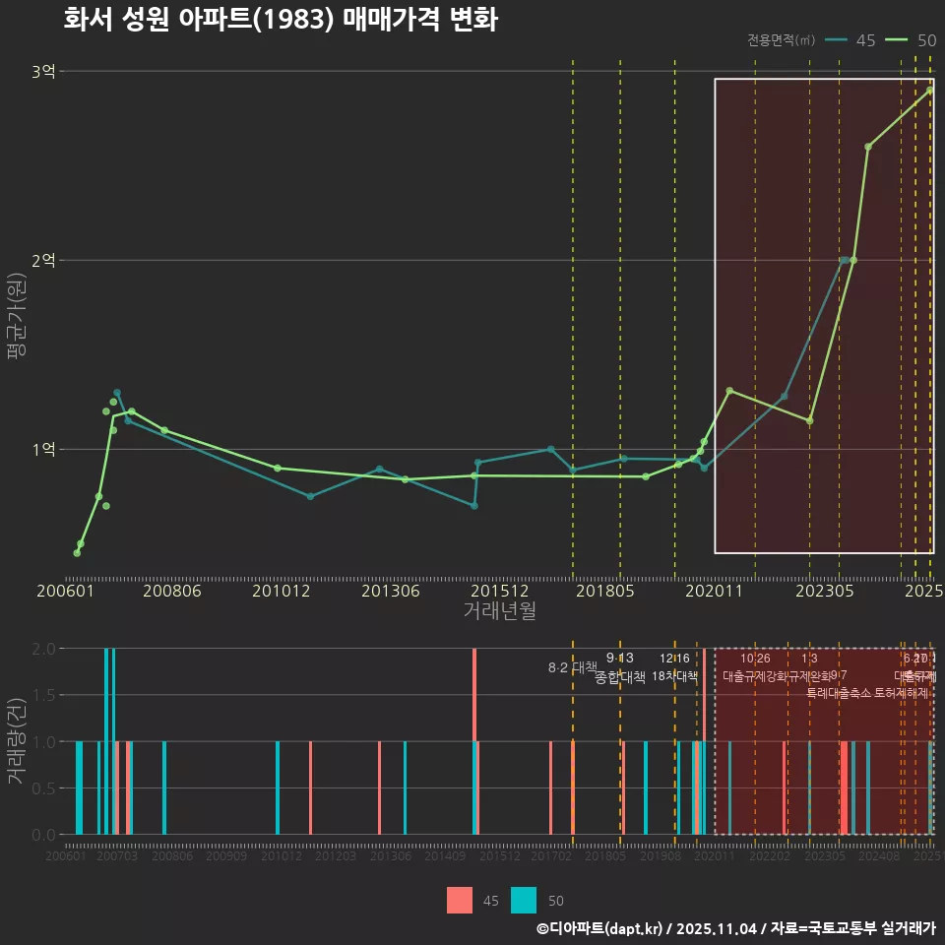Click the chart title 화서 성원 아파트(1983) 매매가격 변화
281,20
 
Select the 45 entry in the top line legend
865,40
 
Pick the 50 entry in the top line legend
926,40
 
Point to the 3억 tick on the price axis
43,72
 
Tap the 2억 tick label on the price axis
43,261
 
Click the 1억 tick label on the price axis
43,450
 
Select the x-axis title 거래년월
499,610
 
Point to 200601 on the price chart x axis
65,591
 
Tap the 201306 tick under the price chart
390,591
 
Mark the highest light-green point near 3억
929,91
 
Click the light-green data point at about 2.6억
868,147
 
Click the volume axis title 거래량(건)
17,740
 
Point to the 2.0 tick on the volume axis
43,649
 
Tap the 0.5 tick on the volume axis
43,788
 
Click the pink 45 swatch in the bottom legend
460,901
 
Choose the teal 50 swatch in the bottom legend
525,901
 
